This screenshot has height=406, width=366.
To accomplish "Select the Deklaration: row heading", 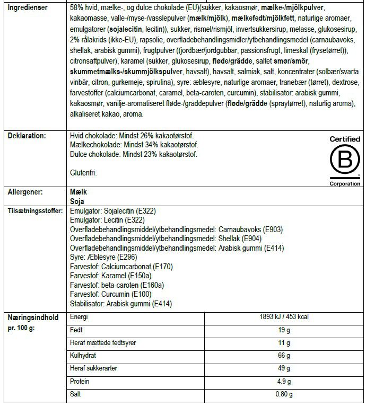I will [27, 136].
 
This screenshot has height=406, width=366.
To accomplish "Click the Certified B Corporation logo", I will [344, 160].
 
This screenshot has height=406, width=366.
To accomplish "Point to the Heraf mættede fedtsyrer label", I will [103, 343].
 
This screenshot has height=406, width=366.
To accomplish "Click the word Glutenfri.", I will [83, 173].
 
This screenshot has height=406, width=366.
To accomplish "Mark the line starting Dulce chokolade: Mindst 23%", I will [133, 155].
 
